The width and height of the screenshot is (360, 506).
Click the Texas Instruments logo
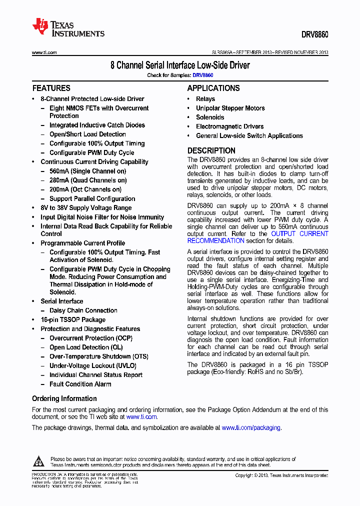pyautogui.click(x=68, y=28)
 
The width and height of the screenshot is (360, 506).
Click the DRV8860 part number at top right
pyautogui.click(x=314, y=35)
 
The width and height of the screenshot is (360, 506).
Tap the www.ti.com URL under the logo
pyautogui.click(x=44, y=52)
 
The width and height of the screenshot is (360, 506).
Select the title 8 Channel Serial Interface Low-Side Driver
pyautogui.click(x=180, y=65)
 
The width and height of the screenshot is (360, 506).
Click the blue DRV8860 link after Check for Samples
pyautogui.click(x=203, y=75)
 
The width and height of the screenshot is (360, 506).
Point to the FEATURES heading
pyautogui.click(x=51, y=88)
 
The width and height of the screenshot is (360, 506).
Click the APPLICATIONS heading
pyautogui.click(x=213, y=88)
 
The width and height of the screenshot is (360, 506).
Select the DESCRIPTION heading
pyautogui.click(x=211, y=150)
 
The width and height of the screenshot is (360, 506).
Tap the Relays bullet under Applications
pyautogui.click(x=205, y=99)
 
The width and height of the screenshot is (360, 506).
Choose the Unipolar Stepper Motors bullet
pyautogui.click(x=230, y=108)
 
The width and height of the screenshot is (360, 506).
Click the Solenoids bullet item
pyautogui.click(x=210, y=117)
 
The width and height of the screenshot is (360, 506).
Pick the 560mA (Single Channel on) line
pyautogui.click(x=87, y=171)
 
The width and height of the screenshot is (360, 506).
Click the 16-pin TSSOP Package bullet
pyautogui.click(x=73, y=319)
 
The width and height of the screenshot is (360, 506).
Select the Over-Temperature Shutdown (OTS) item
pyautogui.click(x=98, y=356)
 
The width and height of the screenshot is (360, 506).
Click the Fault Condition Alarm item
pyautogui.click(x=80, y=384)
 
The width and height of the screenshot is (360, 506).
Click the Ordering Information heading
pyautogui.click(x=64, y=398)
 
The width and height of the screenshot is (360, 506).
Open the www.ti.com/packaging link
pyautogui.click(x=251, y=427)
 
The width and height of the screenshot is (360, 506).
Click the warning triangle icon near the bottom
pyautogui.click(x=40, y=461)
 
